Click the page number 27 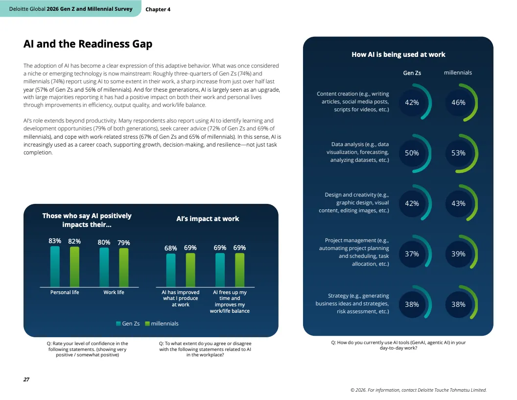(26, 379)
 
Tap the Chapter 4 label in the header (158, 9)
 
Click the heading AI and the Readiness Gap (88, 44)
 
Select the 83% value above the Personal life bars (55, 241)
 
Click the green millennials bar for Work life (124, 267)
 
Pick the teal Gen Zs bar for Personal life (55, 267)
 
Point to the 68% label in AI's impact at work (171, 248)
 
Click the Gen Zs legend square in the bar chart (118, 324)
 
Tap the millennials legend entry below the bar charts (162, 324)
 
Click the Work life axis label (114, 293)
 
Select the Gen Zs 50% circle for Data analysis (412, 153)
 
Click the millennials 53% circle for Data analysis (459, 153)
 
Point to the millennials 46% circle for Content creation (459, 102)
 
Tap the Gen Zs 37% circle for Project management (412, 254)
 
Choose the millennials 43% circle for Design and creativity (459, 203)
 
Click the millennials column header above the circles (458, 73)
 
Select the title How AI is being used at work (399, 54)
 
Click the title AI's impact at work (208, 219)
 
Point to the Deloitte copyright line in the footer (419, 390)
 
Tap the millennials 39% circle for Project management (459, 254)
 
